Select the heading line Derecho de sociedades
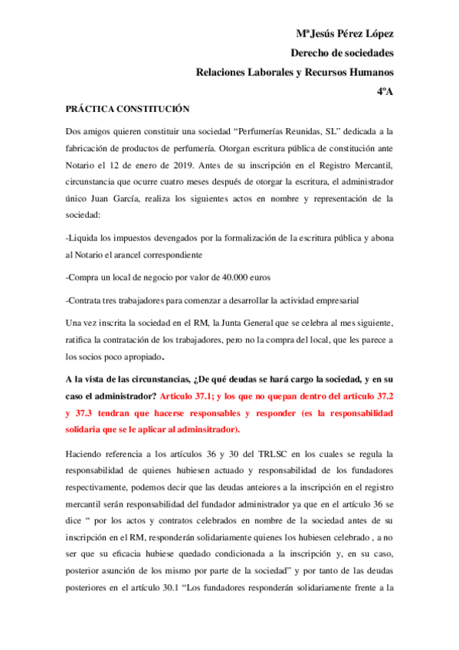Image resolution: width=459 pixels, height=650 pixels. (x=342, y=53)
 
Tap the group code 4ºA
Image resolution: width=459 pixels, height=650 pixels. (x=385, y=91)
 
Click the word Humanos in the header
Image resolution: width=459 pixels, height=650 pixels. (x=367, y=72)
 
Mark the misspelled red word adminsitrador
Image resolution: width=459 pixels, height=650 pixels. (x=204, y=429)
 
